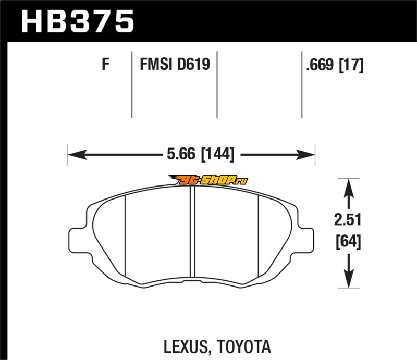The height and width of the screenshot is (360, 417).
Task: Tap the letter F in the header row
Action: (105, 65)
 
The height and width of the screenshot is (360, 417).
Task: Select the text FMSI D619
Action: (174, 65)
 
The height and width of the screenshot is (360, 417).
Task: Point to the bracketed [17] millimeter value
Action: (351, 65)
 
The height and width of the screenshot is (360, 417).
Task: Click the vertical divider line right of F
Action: (131, 83)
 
